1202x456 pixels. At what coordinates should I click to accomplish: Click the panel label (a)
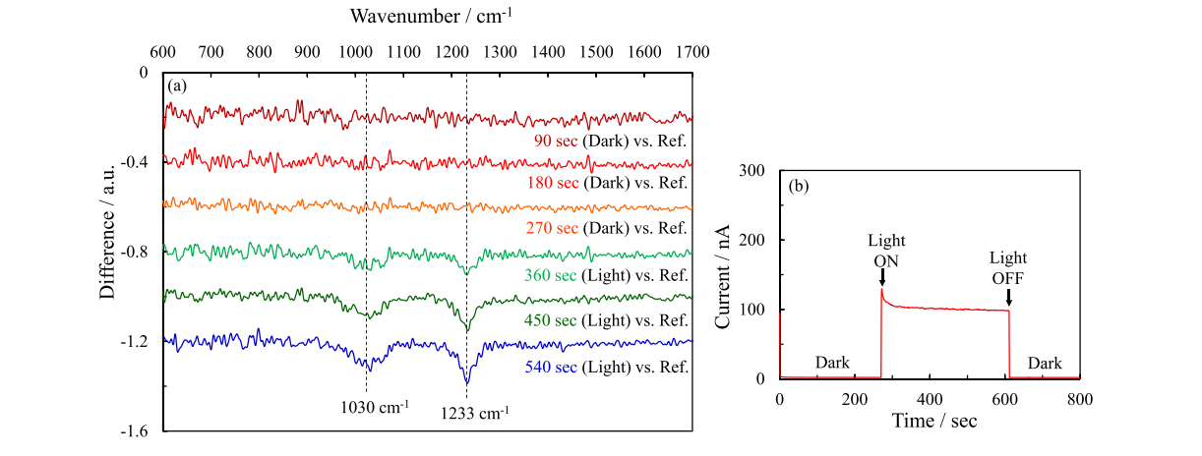pos(177,86)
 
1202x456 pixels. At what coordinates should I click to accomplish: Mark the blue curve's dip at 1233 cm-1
pos(466,382)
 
